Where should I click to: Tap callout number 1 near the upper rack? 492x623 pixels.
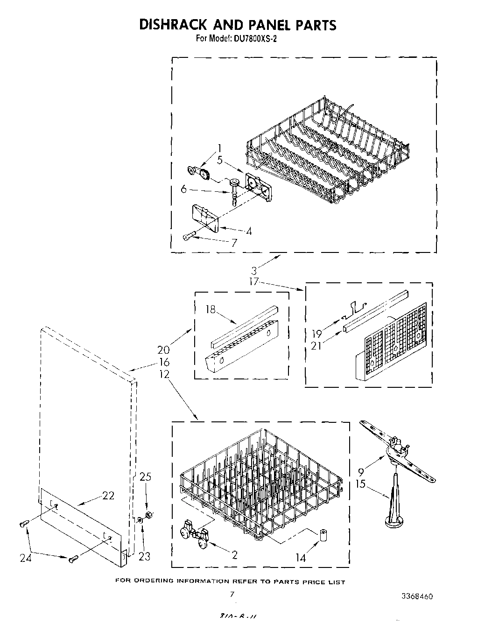(x=219, y=149)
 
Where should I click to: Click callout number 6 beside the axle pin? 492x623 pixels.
(x=183, y=189)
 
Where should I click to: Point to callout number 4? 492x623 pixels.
(x=249, y=231)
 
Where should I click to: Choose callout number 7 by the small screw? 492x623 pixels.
(x=233, y=243)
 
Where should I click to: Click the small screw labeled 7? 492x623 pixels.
(x=188, y=237)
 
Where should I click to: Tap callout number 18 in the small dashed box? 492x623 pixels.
(x=211, y=309)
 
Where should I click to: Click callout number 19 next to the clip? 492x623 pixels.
(x=317, y=333)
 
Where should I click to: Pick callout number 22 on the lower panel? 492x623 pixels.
(x=108, y=496)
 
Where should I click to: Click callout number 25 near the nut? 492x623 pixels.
(x=146, y=477)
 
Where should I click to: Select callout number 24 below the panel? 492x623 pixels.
(x=25, y=557)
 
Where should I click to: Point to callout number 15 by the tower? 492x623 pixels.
(x=361, y=484)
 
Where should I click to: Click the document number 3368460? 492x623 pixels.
(x=417, y=596)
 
